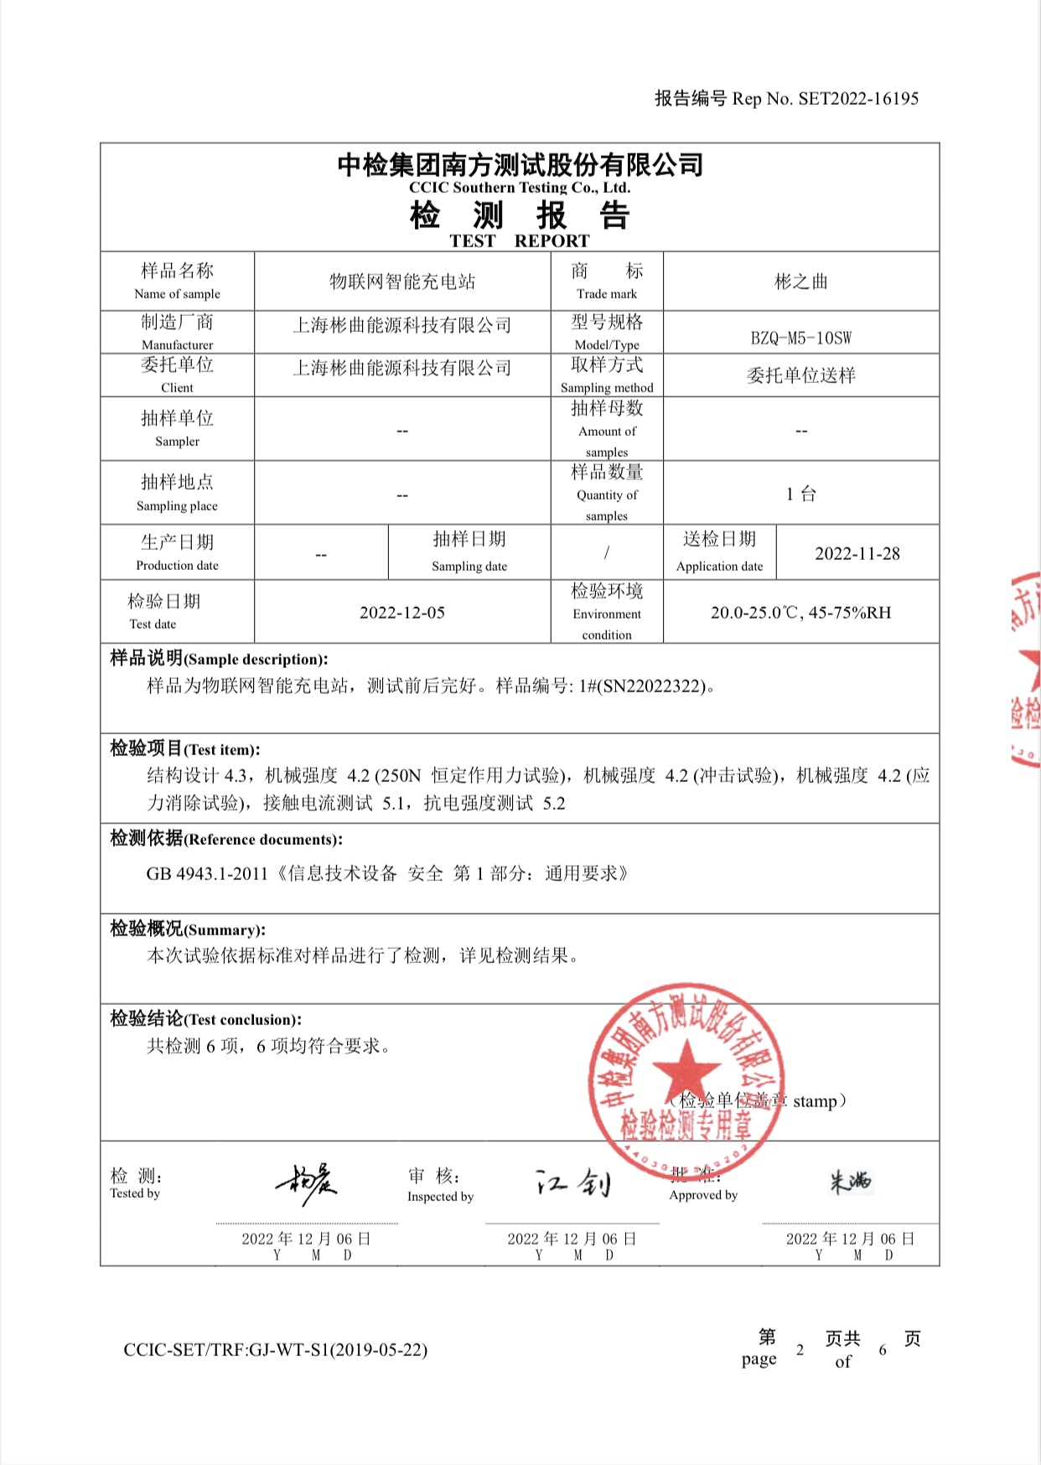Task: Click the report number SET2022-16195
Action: point(858,99)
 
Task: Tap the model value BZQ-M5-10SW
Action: point(800,338)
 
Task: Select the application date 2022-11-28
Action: point(857,553)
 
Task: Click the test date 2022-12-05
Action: point(402,613)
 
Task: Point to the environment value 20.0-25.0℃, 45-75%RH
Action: point(800,613)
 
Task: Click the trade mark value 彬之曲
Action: point(800,282)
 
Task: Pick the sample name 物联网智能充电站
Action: point(402,282)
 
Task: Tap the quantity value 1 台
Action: point(800,494)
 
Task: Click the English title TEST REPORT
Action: point(519,241)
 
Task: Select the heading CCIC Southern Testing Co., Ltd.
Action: point(519,188)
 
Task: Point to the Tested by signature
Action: point(307,1183)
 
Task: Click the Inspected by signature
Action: point(573,1183)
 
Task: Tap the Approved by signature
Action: point(851,1181)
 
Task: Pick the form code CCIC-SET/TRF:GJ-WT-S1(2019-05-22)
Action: point(275,1349)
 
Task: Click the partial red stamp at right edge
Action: point(1026,670)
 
